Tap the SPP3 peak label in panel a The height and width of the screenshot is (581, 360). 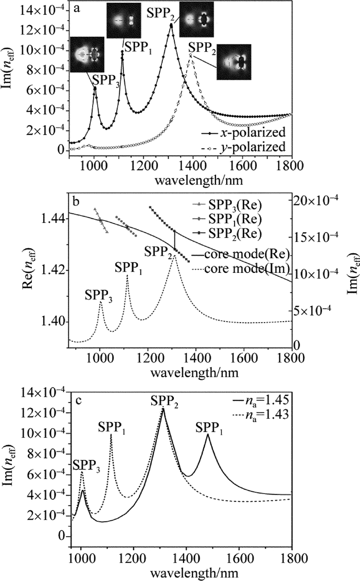click(x=106, y=80)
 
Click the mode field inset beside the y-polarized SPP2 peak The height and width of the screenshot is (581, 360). click(x=233, y=62)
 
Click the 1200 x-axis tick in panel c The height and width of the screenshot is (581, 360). click(x=133, y=556)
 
